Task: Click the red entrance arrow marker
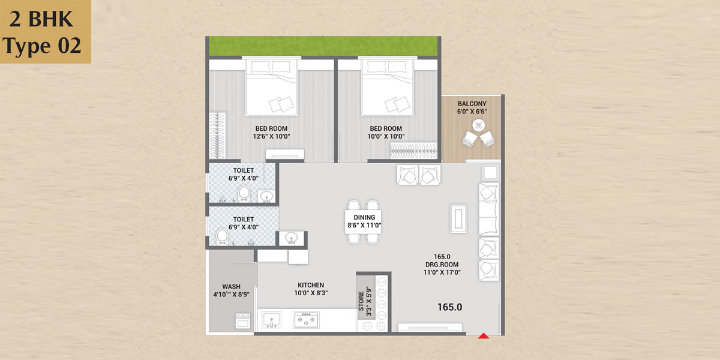pyautogui.click(x=484, y=336)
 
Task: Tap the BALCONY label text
pyautogui.click(x=472, y=104)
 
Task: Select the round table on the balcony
pyautogui.click(x=479, y=125)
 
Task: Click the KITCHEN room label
pyautogui.click(x=311, y=285)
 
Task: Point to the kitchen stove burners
pyautogui.click(x=307, y=320)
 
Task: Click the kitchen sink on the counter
pyautogui.click(x=271, y=319)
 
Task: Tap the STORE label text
pyautogui.click(x=361, y=301)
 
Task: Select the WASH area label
pyautogui.click(x=232, y=286)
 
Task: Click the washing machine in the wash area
pyautogui.click(x=243, y=322)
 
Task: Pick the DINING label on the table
pyautogui.click(x=364, y=217)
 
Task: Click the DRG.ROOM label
pyautogui.click(x=442, y=265)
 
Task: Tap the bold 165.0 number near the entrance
pyautogui.click(x=449, y=307)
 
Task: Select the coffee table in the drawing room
pyautogui.click(x=458, y=218)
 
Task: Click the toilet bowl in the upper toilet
pyautogui.click(x=244, y=193)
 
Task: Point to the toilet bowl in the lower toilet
pyautogui.click(x=222, y=236)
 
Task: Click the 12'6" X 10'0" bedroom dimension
pyautogui.click(x=271, y=136)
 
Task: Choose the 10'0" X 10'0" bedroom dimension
pyautogui.click(x=386, y=136)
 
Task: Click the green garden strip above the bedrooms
pyautogui.click(x=323, y=46)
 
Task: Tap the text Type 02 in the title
pyautogui.click(x=42, y=46)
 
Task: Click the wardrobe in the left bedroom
pyautogui.click(x=218, y=136)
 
